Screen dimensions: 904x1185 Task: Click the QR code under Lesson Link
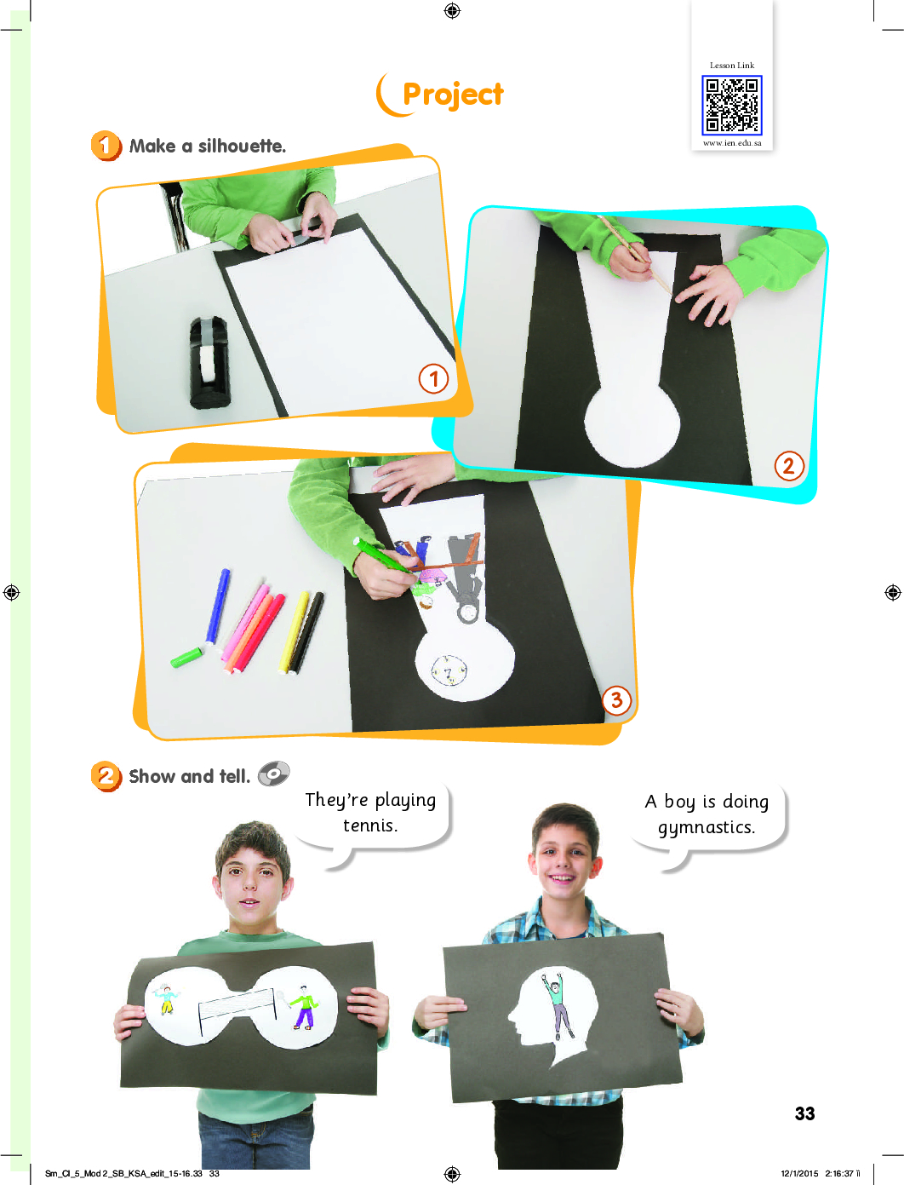[x=731, y=106]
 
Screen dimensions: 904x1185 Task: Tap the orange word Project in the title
[x=453, y=95]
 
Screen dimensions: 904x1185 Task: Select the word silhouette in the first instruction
[x=242, y=146]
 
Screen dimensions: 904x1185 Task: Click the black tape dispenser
[x=210, y=362]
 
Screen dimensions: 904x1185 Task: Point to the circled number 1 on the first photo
[x=433, y=378]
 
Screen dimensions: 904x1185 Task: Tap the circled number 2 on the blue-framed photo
[x=789, y=465]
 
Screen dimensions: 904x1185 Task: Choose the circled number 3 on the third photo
[x=616, y=701]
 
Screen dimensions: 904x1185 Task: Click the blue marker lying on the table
[x=217, y=606]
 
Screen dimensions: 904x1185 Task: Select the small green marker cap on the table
[x=186, y=657]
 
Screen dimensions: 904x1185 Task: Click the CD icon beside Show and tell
[x=274, y=774]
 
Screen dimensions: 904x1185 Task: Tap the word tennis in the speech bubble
[x=370, y=825]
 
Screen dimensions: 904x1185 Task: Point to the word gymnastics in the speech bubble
[x=707, y=828]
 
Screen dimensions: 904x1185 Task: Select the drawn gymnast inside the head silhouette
[x=557, y=1004]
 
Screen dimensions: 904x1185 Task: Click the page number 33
[x=804, y=1113]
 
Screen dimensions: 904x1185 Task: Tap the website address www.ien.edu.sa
[x=732, y=143]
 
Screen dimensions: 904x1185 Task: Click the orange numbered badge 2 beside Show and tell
[x=106, y=776]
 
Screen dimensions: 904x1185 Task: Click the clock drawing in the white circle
[x=449, y=670]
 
